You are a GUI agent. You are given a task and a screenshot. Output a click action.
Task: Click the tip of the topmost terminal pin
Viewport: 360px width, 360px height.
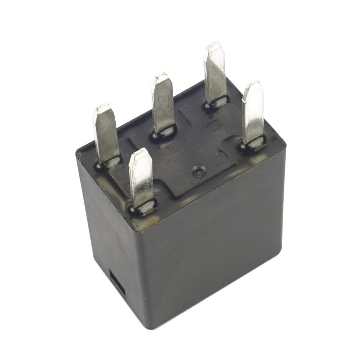click(214, 45)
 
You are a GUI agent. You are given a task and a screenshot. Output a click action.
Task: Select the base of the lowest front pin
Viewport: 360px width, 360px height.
click(143, 207)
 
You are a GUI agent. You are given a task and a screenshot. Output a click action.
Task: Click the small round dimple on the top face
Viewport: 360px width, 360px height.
click(198, 173)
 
